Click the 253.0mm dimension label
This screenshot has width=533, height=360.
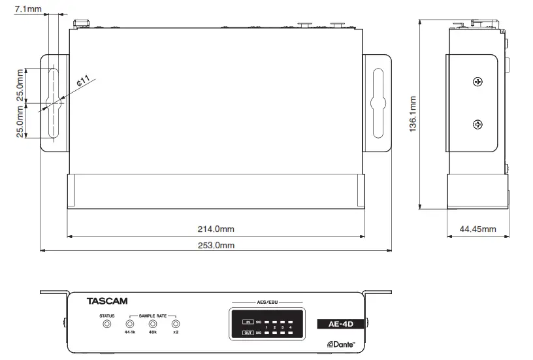tap(216, 245)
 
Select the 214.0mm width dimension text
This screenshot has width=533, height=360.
tap(216, 229)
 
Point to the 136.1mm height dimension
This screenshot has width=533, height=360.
tap(413, 114)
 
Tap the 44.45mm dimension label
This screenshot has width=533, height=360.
tap(477, 229)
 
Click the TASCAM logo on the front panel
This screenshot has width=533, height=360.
tap(107, 302)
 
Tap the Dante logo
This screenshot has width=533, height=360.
tap(342, 344)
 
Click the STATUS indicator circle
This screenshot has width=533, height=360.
tap(107, 324)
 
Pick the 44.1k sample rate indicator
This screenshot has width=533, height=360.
tap(129, 324)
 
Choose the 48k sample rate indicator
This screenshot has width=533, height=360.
tap(152, 324)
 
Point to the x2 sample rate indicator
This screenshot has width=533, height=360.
tap(175, 324)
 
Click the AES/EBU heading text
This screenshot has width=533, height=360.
tap(266, 302)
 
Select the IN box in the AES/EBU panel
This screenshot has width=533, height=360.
tap(248, 321)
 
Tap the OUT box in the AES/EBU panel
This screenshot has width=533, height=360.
tap(248, 333)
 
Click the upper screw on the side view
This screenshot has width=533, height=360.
tap(478, 82)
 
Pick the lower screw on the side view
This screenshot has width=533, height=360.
tap(478, 124)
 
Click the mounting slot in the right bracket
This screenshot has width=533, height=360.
tap(378, 103)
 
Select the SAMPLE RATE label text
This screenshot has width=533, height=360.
tap(152, 316)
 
